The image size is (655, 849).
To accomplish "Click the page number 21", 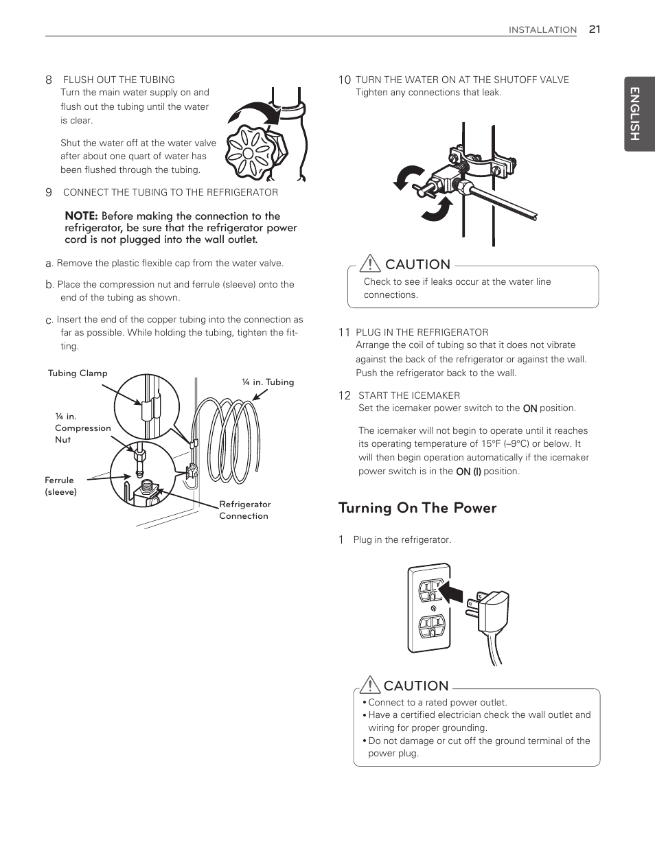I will click(x=594, y=29).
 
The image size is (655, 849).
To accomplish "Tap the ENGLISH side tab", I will click(x=636, y=114).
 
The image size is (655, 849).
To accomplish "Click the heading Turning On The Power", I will click(x=417, y=508).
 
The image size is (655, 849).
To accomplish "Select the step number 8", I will click(x=49, y=80).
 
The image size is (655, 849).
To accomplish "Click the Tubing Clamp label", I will click(x=78, y=373).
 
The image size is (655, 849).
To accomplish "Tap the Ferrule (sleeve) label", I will click(x=61, y=486).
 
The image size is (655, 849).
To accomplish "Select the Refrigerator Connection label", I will click(x=244, y=510).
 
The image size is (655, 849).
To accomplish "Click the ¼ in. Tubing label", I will click(x=268, y=382).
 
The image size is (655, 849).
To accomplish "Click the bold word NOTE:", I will click(x=81, y=216).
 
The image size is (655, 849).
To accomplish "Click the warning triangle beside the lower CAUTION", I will click(x=369, y=685).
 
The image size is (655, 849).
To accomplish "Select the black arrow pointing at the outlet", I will click(x=450, y=591).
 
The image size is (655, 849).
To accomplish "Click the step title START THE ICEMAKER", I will click(x=409, y=395).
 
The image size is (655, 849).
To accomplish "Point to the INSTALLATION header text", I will click(x=542, y=30).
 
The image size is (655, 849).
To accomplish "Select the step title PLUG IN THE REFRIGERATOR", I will click(x=422, y=332).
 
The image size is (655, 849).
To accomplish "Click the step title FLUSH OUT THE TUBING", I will click(x=119, y=80).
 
